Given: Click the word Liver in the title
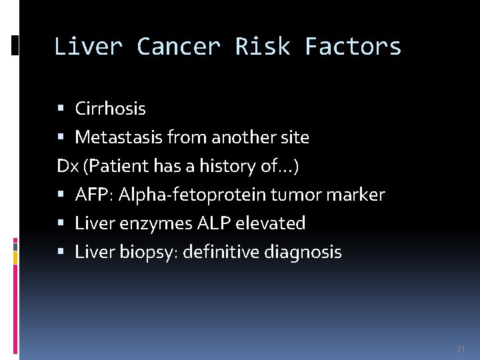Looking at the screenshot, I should coord(87,47).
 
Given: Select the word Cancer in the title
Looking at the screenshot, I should coord(178,47).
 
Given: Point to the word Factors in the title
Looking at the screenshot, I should coord(353,47).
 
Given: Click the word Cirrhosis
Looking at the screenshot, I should coord(110,108).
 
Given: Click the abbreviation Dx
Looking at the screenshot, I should coord(67,166).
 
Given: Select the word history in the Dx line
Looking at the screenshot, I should coord(227,166).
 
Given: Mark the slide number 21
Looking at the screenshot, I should coord(461,349).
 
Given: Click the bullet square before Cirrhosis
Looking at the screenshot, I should coord(61,108).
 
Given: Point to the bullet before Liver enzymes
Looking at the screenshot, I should coord(61,223).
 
